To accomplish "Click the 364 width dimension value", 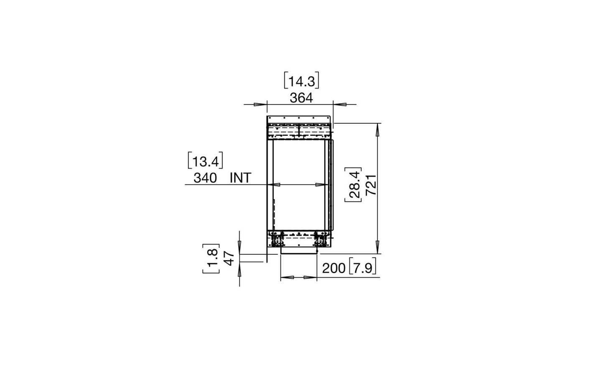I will pyautogui.click(x=301, y=98).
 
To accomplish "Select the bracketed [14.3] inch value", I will pyautogui.click(x=301, y=81).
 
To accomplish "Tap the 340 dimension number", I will pyautogui.click(x=205, y=178).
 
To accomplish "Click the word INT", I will pyautogui.click(x=240, y=178).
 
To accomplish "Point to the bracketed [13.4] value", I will pyautogui.click(x=205, y=161).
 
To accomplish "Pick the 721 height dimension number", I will pyautogui.click(x=371, y=185).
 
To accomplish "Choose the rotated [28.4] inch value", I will pyautogui.click(x=353, y=185).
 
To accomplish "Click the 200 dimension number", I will pyautogui.click(x=334, y=268).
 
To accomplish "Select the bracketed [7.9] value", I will pyautogui.click(x=362, y=268).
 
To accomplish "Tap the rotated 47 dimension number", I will pyautogui.click(x=228, y=258).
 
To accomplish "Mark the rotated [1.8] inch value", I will pyautogui.click(x=211, y=258).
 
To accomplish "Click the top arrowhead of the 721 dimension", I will pyautogui.click(x=378, y=129).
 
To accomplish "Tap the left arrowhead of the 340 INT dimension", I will pyautogui.click(x=276, y=184).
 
